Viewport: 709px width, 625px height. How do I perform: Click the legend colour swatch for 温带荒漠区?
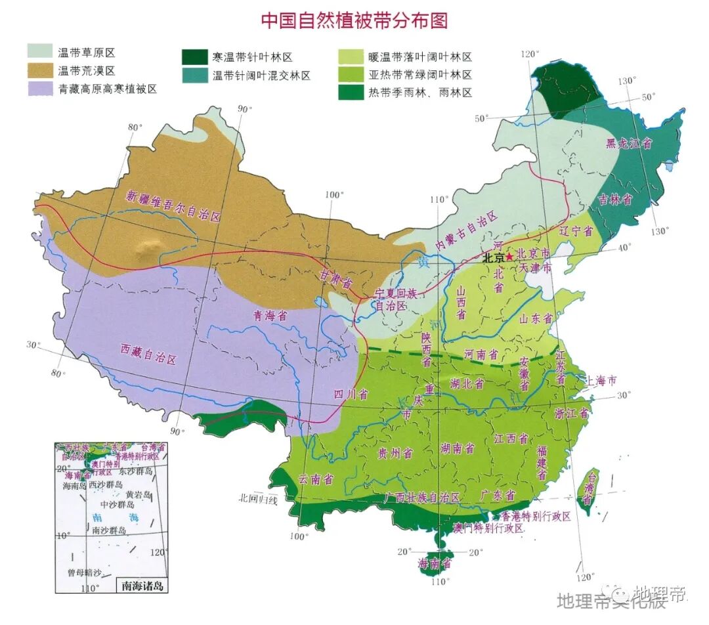point(39,68)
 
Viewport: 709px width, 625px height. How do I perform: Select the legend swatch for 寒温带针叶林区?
point(194,56)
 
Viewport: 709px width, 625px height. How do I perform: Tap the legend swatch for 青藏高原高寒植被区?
point(39,88)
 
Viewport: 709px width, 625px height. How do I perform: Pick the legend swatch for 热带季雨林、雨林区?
point(351,93)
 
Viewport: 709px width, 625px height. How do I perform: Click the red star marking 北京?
point(509,257)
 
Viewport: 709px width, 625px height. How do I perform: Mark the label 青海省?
point(271,315)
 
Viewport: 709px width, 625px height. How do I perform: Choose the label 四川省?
point(351,394)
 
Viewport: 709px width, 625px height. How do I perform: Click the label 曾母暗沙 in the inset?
point(84,572)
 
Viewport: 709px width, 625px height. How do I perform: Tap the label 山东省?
point(535,318)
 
